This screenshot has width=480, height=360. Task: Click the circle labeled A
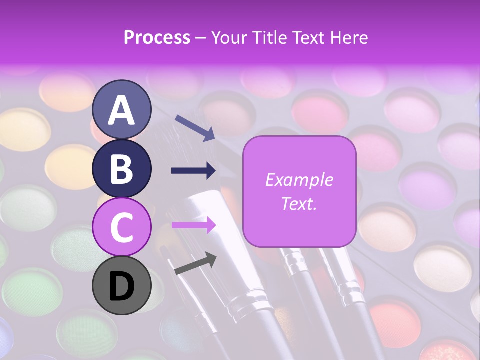[x=122, y=109]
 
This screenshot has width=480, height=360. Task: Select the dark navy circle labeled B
[x=122, y=168]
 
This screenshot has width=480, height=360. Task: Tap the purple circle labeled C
[x=122, y=227]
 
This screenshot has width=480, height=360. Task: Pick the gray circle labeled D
[x=122, y=285]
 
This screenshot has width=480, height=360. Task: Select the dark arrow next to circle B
[x=194, y=171]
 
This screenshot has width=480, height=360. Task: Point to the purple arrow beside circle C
[x=194, y=225]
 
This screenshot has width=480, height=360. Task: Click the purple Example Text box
[x=299, y=192]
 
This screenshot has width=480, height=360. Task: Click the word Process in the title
[x=157, y=37]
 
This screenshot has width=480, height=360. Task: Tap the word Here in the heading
[x=349, y=37]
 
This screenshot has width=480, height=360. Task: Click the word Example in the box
[x=299, y=180]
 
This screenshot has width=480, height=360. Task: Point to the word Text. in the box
[x=299, y=204]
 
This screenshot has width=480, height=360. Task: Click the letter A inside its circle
[x=122, y=110]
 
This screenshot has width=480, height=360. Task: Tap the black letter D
[x=122, y=286]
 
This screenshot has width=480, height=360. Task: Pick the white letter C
[x=122, y=227]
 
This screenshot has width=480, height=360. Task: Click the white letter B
[x=122, y=169]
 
